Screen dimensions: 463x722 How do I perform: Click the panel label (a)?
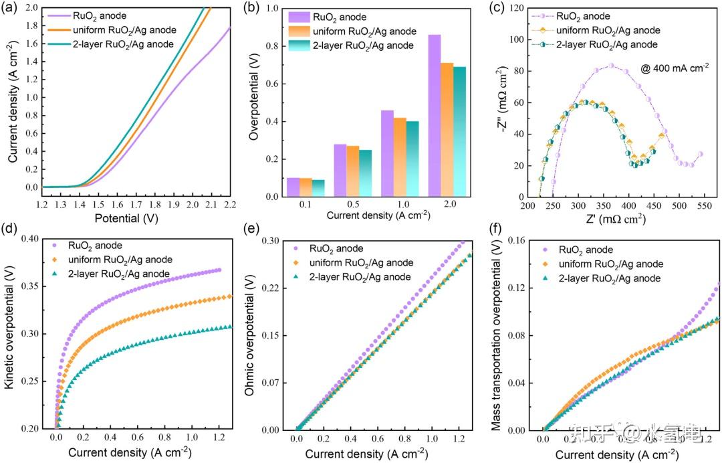[x=12, y=8]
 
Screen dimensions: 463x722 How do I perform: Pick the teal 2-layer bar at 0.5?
[x=365, y=173]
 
